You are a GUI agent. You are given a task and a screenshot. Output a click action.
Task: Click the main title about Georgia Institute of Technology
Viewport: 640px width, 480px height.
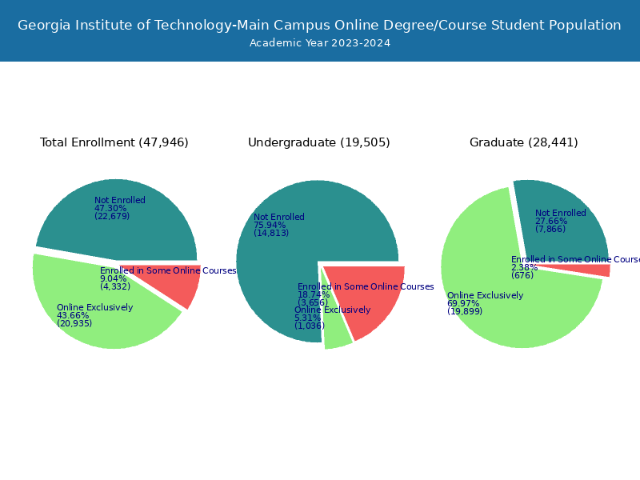[319, 25]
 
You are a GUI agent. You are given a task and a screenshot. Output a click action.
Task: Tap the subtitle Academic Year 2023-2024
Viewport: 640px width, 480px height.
[319, 43]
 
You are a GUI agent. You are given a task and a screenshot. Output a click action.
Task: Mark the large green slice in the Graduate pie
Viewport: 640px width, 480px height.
[512, 312]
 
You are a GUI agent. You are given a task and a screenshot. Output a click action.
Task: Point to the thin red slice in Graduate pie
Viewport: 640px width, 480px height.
[596, 270]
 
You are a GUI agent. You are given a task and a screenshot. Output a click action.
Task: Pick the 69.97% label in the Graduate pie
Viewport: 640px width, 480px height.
[463, 303]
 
